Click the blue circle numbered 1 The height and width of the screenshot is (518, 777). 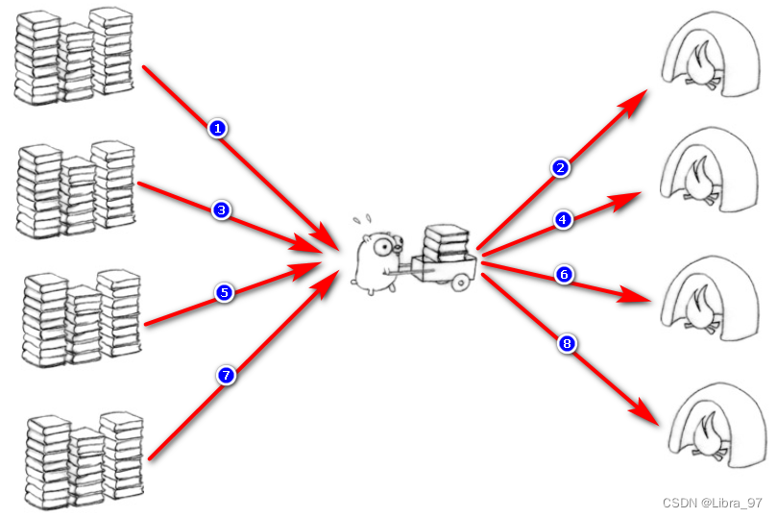tap(218, 128)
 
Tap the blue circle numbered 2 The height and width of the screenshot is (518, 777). tap(561, 168)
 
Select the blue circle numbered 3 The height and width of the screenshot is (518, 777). tap(221, 210)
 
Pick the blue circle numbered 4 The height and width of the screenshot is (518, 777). tap(563, 220)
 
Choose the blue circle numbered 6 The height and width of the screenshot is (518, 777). tap(565, 275)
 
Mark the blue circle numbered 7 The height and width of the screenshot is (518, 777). tap(227, 377)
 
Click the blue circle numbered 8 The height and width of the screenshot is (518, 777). tap(567, 343)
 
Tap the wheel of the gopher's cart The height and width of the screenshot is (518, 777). tap(460, 282)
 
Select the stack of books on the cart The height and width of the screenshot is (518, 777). tap(447, 241)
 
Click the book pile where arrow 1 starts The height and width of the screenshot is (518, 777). tap(75, 56)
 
